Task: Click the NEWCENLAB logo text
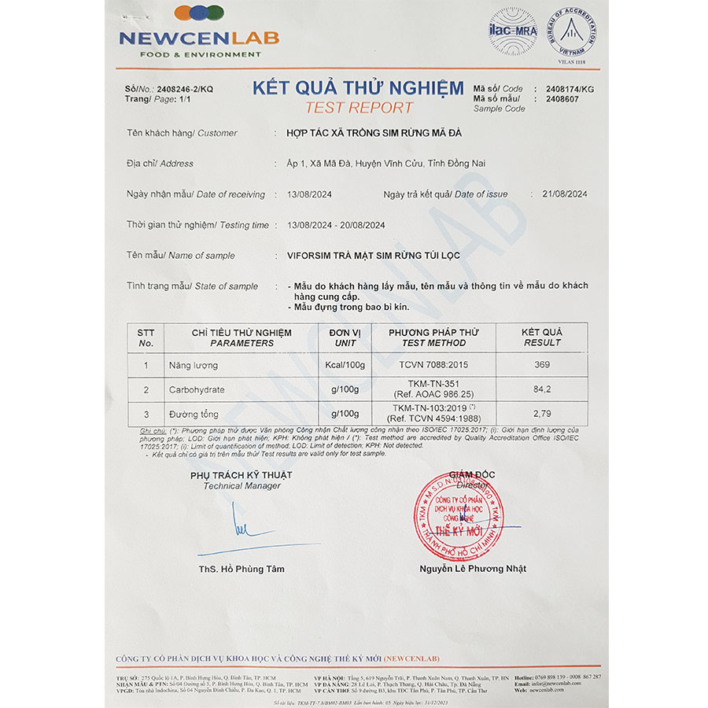[x=199, y=38]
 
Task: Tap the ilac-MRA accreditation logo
[x=513, y=31]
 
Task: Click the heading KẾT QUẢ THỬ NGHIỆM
[x=358, y=88]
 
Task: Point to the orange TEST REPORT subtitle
[x=358, y=108]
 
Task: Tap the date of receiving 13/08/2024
[x=309, y=194]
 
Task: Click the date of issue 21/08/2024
[x=559, y=194]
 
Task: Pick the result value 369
[x=541, y=365]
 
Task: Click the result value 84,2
[x=541, y=389]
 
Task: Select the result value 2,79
[x=541, y=413]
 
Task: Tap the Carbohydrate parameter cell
[x=197, y=389]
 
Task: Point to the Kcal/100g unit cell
[x=345, y=365]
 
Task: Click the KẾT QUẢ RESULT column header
[x=541, y=337]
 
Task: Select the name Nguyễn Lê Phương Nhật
[x=473, y=569]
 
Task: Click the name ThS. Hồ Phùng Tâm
[x=242, y=569]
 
